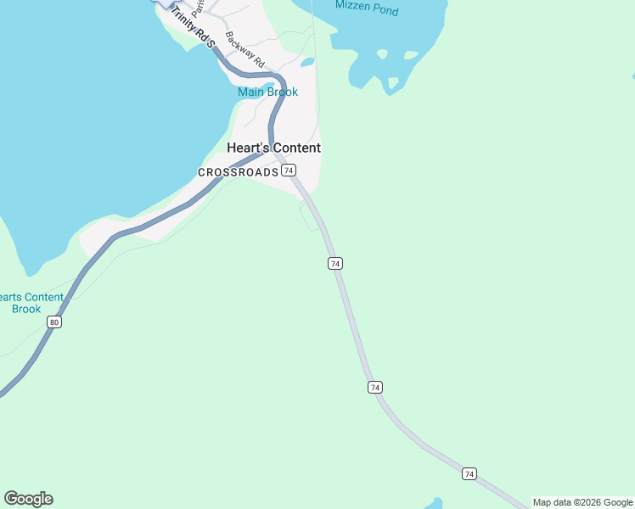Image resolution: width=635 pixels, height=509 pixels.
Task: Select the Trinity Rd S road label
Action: [194, 27]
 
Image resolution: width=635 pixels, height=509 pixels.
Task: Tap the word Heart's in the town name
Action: [246, 148]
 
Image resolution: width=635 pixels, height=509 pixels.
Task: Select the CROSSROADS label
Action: [238, 172]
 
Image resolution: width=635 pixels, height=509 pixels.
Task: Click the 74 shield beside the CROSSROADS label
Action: [289, 171]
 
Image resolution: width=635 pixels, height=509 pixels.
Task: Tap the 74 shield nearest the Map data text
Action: [469, 473]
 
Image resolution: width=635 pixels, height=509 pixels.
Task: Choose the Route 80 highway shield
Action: [54, 322]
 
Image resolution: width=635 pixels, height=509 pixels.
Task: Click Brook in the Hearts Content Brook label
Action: [26, 309]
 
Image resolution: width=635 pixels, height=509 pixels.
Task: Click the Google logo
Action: [28, 499]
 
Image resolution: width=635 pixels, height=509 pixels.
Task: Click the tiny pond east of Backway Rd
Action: [307, 62]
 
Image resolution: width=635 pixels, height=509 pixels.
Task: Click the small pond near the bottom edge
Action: [434, 504]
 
